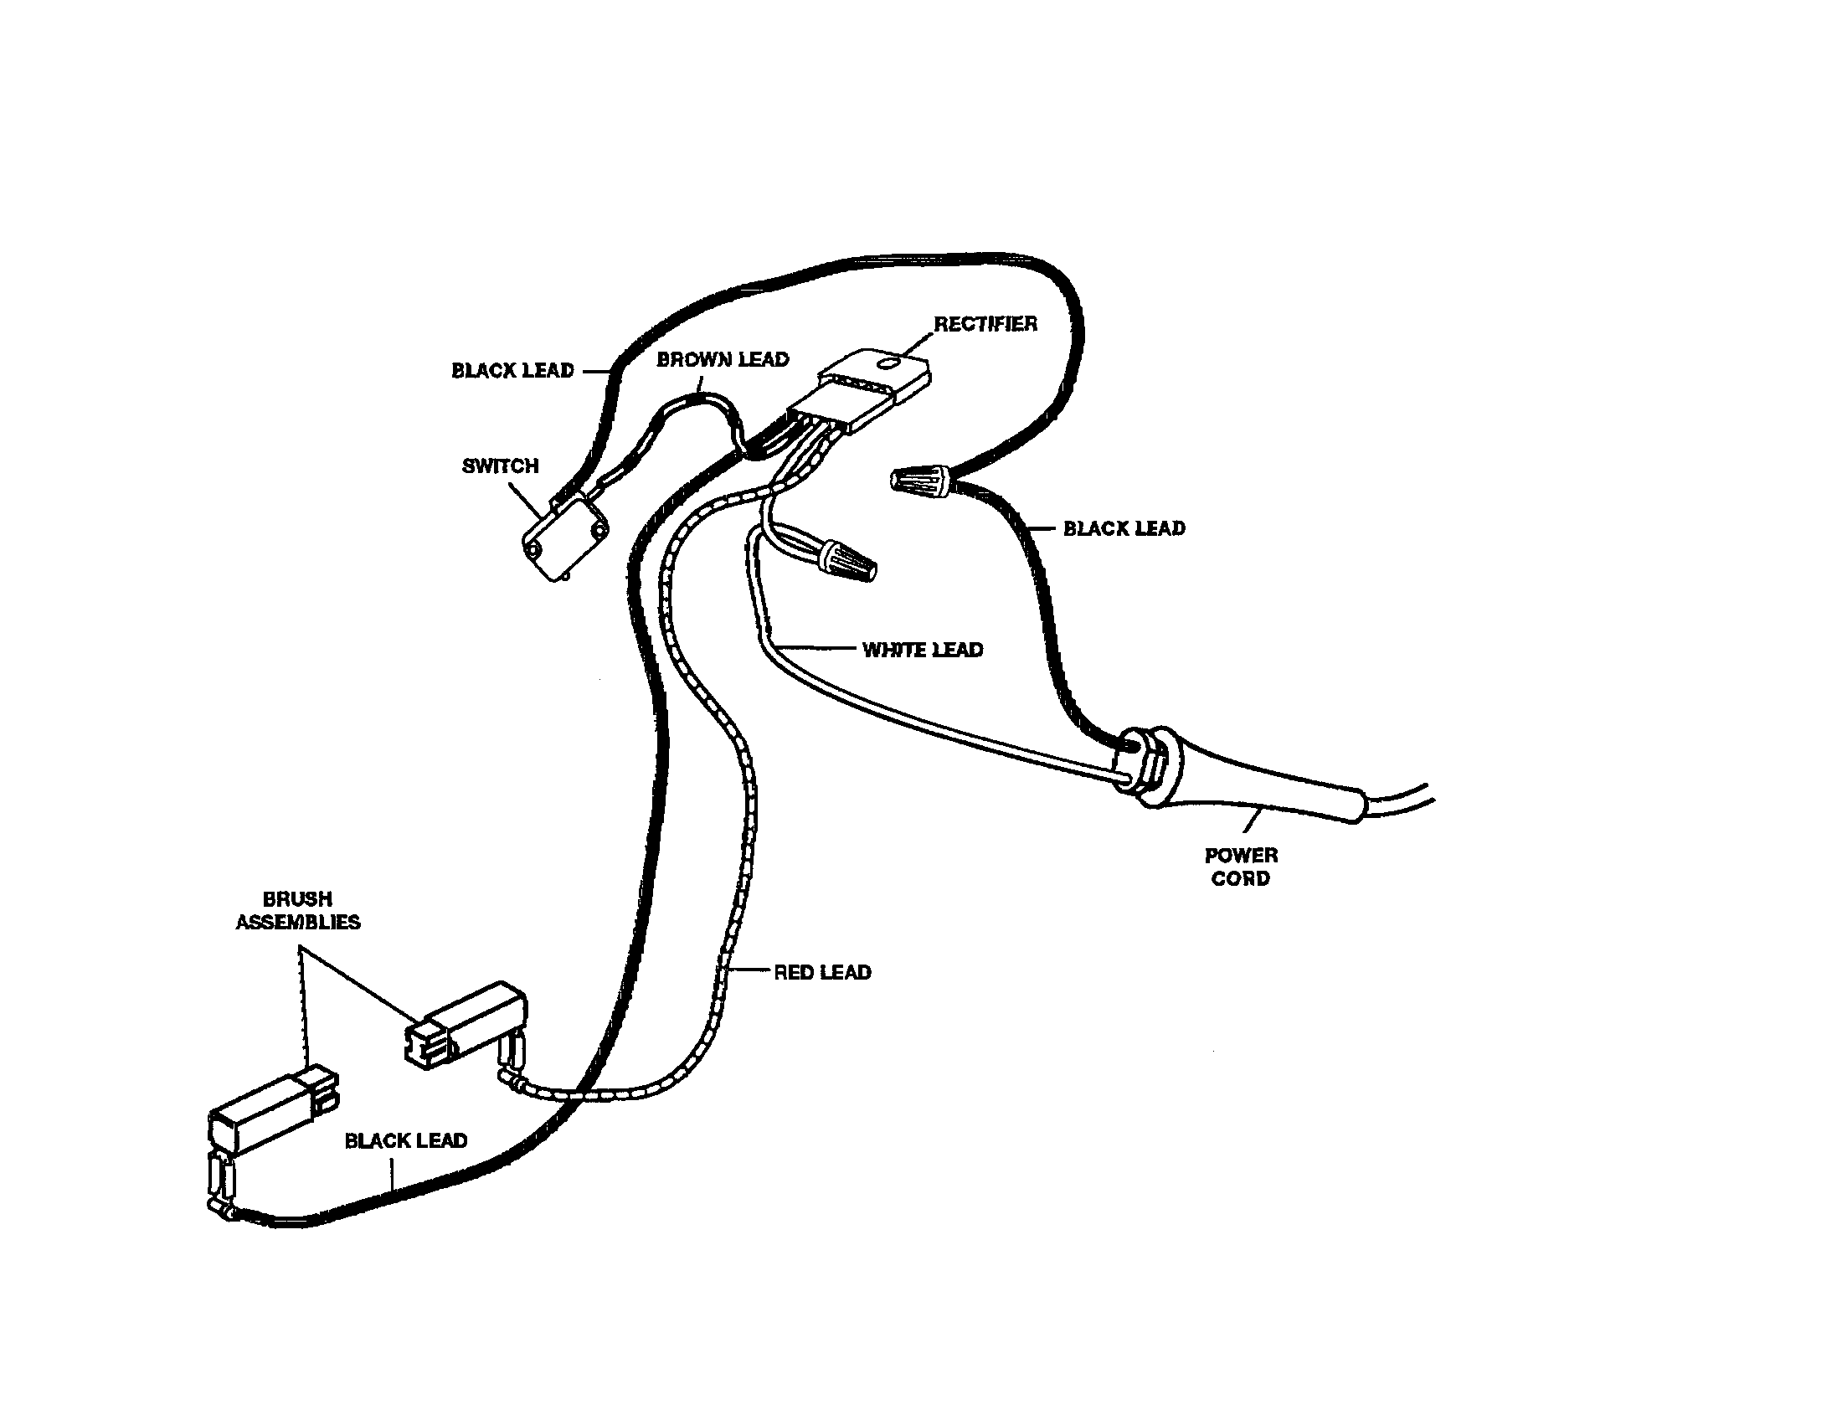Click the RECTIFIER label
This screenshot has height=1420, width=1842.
coord(985,324)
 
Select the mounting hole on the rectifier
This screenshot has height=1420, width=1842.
coord(888,364)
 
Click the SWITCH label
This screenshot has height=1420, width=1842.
coord(500,466)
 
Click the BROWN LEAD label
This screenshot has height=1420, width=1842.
coord(723,359)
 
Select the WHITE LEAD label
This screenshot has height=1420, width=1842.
coord(923,649)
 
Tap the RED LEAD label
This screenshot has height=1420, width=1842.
coord(822,972)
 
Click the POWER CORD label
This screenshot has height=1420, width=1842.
coord(1241,867)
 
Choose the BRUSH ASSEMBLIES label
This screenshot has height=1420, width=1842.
coord(298,911)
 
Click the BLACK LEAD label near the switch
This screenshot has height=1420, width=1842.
coord(512,370)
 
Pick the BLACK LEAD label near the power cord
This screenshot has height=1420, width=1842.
coord(1124,528)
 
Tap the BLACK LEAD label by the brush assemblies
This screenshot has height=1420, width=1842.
coord(406,1141)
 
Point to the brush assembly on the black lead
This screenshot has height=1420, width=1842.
coord(273,1110)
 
